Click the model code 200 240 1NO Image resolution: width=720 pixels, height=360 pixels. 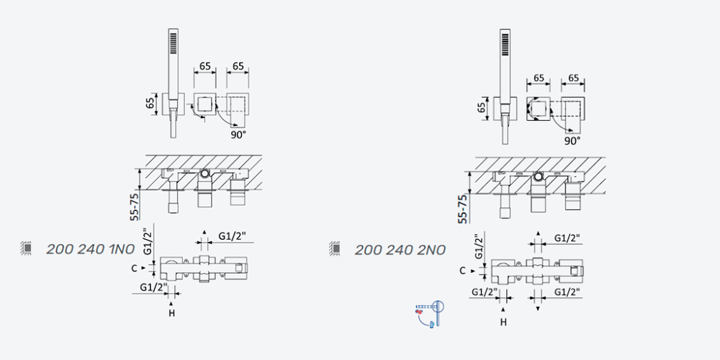91,249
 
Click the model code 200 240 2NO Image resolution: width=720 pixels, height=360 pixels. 400,251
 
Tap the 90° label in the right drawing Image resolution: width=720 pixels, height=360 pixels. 572,140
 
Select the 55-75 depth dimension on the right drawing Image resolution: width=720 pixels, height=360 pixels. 462,209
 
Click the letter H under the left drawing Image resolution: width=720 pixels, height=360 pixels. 172,314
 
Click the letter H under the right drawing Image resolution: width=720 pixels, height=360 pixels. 503,323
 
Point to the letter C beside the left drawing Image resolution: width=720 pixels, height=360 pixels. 134,268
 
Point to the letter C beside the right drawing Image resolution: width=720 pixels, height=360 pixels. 463,271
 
